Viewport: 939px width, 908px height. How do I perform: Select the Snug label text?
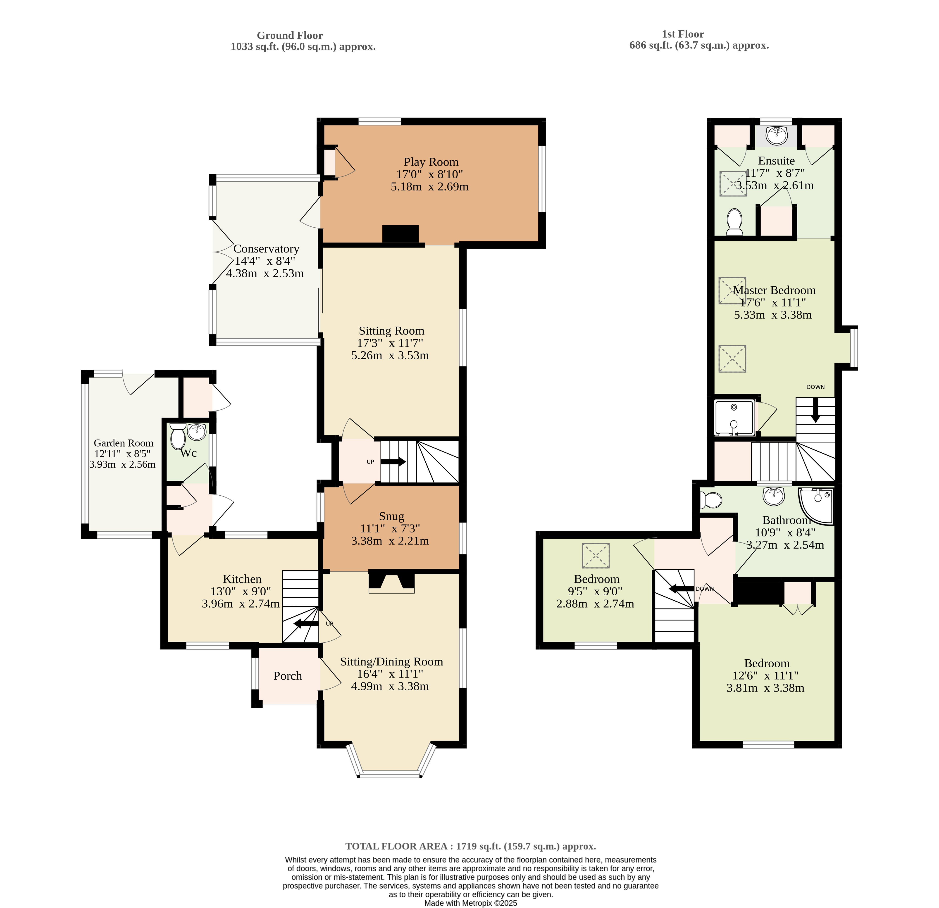coord(391,516)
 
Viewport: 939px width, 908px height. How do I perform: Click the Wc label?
coord(188,453)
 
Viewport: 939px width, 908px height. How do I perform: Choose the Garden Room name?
coord(124,443)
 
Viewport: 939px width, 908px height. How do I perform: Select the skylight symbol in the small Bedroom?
coord(596,556)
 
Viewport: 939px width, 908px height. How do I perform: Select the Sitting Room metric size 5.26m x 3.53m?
coord(390,355)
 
